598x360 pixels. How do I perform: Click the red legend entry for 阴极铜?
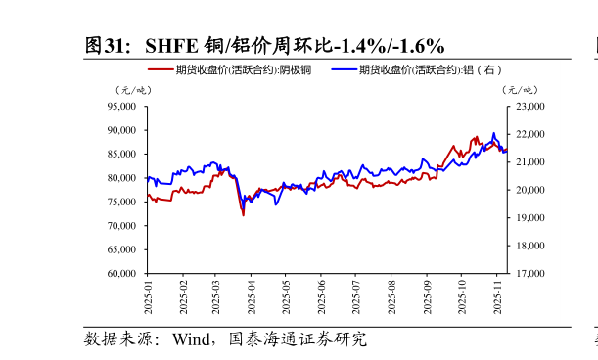point(229,69)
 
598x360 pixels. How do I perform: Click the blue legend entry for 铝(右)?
point(416,69)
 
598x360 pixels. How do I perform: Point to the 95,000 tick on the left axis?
point(121,106)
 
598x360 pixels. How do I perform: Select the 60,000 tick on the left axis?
point(121,274)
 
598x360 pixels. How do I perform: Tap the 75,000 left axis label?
point(121,202)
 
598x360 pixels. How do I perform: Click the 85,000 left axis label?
point(121,154)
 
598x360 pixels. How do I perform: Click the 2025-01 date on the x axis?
point(149,295)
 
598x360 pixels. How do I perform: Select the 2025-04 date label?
point(253,295)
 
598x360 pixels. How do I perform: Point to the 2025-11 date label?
point(497,295)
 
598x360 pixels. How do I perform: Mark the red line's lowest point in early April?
point(243,214)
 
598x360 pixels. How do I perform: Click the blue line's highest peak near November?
point(493,133)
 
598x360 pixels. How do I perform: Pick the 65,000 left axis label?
point(121,249)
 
